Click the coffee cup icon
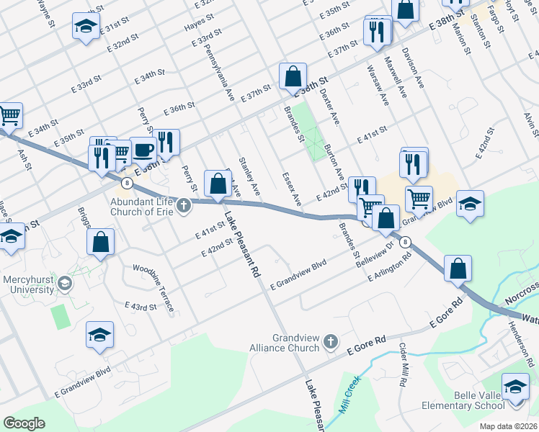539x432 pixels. pyautogui.click(x=143, y=150)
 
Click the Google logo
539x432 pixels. pyautogui.click(x=24, y=423)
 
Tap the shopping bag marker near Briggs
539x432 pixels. pyautogui.click(x=101, y=243)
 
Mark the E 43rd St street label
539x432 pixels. pyautogui.click(x=141, y=307)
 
